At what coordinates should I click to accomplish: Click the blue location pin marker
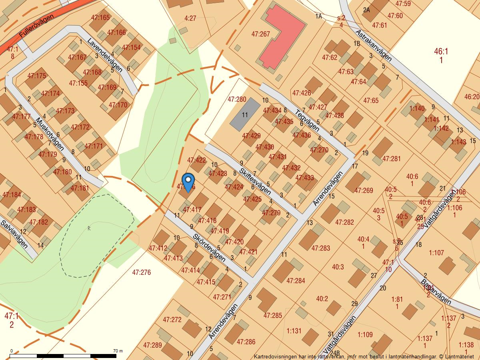click(188, 182)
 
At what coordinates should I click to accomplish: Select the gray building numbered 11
click(245, 114)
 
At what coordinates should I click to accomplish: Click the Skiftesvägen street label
click(255, 176)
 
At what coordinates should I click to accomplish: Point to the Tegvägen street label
click(307, 120)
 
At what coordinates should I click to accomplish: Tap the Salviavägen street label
click(14, 234)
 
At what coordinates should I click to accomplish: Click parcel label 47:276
click(141, 272)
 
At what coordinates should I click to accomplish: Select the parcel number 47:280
click(237, 99)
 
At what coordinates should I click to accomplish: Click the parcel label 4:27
click(190, 18)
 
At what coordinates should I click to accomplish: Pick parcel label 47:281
click(391, 159)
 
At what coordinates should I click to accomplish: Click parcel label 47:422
click(196, 160)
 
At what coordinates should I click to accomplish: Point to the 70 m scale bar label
click(118, 351)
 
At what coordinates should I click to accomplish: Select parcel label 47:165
click(100, 18)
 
